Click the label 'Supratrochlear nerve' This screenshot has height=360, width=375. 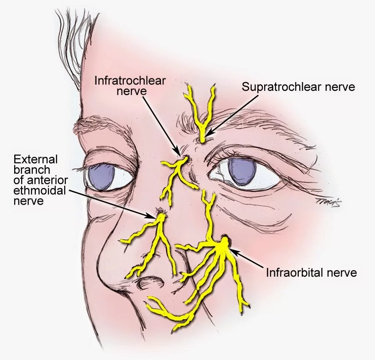click(298, 87)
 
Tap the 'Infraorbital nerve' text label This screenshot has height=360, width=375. click(311, 272)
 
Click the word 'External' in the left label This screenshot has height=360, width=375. click(36, 159)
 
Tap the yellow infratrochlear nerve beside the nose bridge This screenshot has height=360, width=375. click(177, 171)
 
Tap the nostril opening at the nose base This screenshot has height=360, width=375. click(148, 284)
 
